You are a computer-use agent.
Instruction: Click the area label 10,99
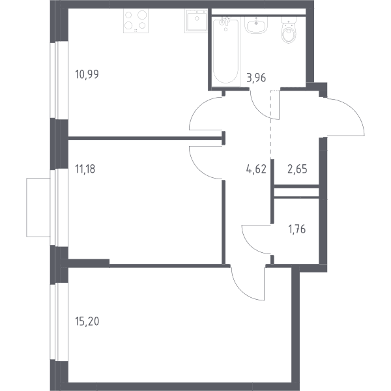click(87, 74)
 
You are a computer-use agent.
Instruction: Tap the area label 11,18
click(85, 169)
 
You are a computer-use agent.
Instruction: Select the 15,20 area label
click(87, 321)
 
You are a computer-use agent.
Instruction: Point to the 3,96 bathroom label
click(256, 78)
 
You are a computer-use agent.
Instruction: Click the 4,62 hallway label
click(256, 169)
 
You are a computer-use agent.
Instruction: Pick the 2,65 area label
click(297, 169)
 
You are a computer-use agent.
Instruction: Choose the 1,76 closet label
click(297, 229)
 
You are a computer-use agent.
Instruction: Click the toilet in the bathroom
click(289, 30)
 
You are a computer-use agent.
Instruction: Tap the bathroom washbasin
click(256, 25)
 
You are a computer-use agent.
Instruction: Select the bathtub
click(226, 51)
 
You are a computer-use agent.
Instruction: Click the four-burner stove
click(136, 21)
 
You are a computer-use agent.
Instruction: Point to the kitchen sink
click(196, 21)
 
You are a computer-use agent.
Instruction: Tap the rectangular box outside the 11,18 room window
click(38, 207)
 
